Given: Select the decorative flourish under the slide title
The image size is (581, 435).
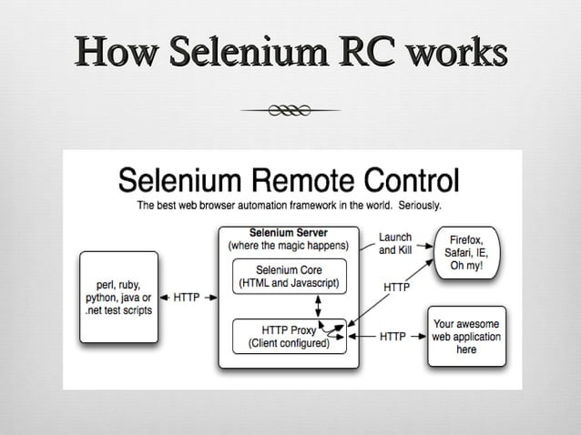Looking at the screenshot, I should [x=290, y=110].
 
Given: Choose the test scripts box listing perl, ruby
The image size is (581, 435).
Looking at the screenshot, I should [x=118, y=297].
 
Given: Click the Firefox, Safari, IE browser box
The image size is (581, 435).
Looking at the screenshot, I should [x=467, y=252].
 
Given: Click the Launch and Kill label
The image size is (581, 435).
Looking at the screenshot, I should [x=395, y=243].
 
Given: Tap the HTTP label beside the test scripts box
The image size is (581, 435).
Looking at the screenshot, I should [x=188, y=297].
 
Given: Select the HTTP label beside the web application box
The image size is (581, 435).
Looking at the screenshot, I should [x=393, y=336].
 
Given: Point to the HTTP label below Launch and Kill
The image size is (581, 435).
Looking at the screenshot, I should [x=395, y=288].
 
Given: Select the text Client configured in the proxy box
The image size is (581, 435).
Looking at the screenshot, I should [x=290, y=344].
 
